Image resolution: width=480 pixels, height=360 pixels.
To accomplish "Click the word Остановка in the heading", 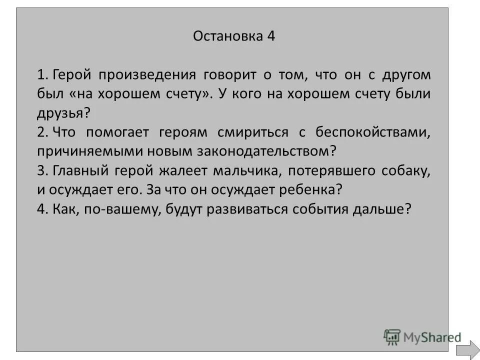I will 226,36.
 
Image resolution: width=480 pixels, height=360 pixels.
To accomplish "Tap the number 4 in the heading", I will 271,36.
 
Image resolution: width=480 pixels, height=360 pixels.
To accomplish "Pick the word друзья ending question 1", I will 61,113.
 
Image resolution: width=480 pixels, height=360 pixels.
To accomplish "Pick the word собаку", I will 406,170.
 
